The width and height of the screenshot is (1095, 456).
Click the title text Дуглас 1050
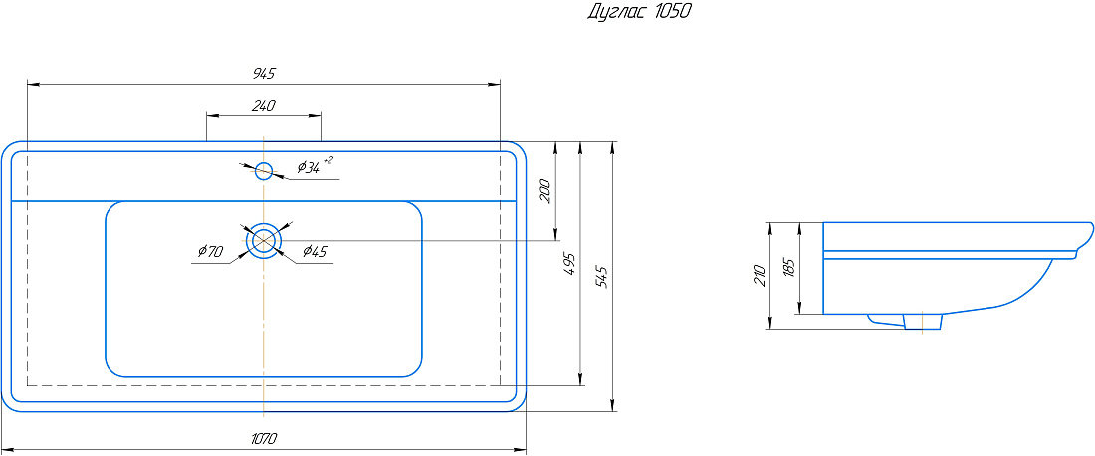pos(640,12)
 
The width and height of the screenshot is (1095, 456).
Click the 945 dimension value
pos(264,73)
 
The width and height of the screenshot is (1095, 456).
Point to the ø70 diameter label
pos(209,251)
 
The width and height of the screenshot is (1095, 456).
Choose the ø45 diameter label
pos(315,251)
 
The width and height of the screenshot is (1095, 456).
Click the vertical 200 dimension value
pos(547,191)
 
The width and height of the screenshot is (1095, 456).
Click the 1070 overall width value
pos(263,438)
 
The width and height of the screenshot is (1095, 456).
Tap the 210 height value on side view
pos(761,275)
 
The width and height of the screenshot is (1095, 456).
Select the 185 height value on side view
pos(789,268)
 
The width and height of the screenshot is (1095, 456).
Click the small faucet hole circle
pos(263,170)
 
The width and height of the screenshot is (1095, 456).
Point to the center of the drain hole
pos(263,240)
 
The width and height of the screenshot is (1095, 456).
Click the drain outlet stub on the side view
pos(923,321)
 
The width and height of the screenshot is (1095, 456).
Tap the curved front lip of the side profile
pos(1083,241)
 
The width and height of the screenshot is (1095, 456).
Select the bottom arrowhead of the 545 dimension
pos(612,406)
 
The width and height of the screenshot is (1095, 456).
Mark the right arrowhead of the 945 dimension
pos(495,84)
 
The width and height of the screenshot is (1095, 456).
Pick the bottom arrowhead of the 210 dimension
pos(770,323)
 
